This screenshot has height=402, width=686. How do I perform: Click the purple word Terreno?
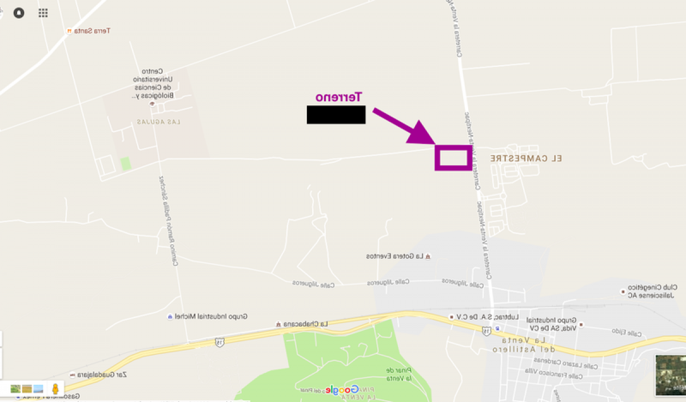[340, 97]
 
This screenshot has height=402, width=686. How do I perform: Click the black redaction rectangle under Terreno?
[336, 115]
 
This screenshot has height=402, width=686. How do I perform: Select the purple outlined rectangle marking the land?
[453, 158]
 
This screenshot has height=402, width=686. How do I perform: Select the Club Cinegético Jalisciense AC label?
[653, 291]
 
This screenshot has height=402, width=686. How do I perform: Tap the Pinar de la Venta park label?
[396, 374]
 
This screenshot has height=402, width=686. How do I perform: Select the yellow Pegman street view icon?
[55, 389]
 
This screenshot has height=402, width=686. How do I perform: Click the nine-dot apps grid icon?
[43, 13]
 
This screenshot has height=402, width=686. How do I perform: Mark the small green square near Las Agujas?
[125, 164]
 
